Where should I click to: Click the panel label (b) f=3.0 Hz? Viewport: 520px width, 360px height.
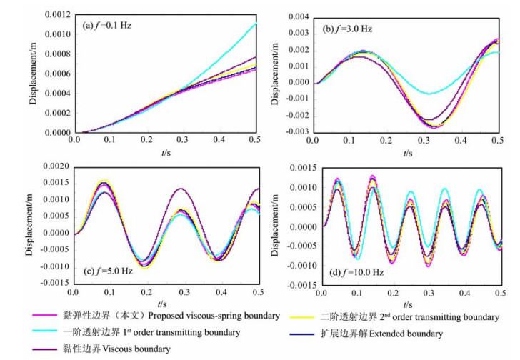[x=350, y=29]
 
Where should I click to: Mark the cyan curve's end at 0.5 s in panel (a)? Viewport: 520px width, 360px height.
[x=256, y=24]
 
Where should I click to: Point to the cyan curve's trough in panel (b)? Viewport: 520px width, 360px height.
[x=429, y=94]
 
